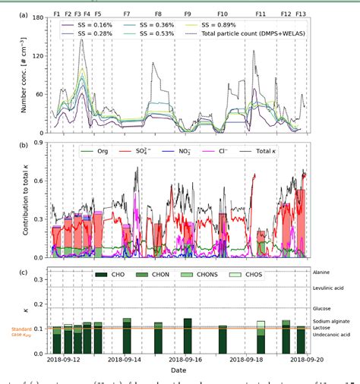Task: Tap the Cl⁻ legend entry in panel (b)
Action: pyautogui.click(x=242, y=150)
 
